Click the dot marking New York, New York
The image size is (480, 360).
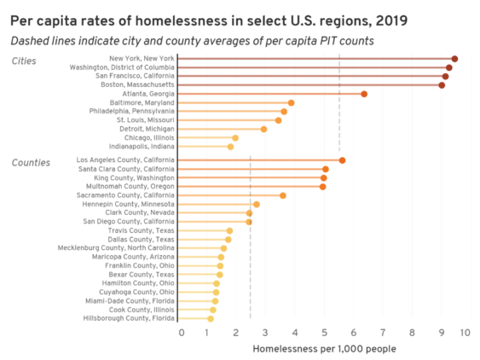[x=454, y=59]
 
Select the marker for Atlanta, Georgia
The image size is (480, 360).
[x=364, y=94]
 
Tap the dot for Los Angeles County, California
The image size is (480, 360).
[x=342, y=160]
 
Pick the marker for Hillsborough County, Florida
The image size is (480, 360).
[x=211, y=318]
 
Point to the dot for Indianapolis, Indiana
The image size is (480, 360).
[x=230, y=147]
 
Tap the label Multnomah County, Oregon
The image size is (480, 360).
[x=126, y=186]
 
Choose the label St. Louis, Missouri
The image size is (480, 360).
[x=145, y=120]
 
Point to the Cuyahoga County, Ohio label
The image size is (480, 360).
[x=136, y=292]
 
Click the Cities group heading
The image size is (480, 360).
[x=24, y=61]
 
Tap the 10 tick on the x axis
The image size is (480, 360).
[x=465, y=333]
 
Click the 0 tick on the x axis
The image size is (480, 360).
[x=181, y=333]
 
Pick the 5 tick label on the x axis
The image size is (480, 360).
[x=324, y=333]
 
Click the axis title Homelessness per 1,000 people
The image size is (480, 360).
[x=324, y=348]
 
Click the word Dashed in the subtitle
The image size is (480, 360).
[x=31, y=40]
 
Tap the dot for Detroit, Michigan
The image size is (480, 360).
[x=263, y=129]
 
